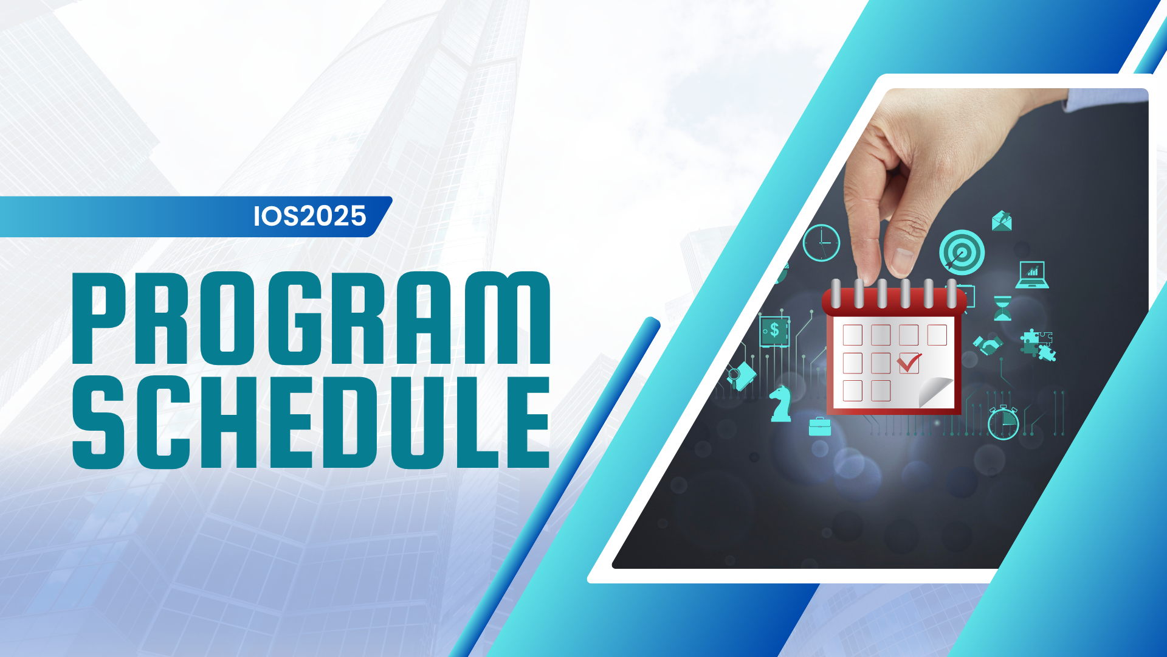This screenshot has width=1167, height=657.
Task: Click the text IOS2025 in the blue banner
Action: pyautogui.click(x=310, y=216)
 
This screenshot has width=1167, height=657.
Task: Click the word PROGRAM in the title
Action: pyautogui.click(x=311, y=318)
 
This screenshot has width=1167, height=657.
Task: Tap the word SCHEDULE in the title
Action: pyautogui.click(x=311, y=422)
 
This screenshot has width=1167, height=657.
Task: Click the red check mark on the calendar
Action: pyautogui.click(x=909, y=363)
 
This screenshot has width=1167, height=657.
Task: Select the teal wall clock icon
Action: pyautogui.click(x=821, y=243)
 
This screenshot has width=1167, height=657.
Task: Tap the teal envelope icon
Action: pyautogui.click(x=1002, y=221)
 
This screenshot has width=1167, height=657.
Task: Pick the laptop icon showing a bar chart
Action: pyautogui.click(x=1032, y=275)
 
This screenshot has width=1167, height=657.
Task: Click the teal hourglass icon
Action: pyautogui.click(x=1002, y=308)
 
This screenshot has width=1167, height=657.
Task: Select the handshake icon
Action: pyautogui.click(x=988, y=345)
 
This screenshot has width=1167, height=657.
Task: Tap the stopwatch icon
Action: pyautogui.click(x=1003, y=422)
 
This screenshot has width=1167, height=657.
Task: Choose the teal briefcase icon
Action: pyautogui.click(x=820, y=426)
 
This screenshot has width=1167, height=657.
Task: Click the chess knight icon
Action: pyautogui.click(x=780, y=403)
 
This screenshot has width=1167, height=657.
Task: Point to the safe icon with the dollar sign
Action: pyautogui.click(x=774, y=331)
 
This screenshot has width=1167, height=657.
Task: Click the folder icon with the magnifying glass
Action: pyautogui.click(x=742, y=375)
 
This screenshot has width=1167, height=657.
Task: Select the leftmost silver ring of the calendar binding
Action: pyautogui.click(x=836, y=293)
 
